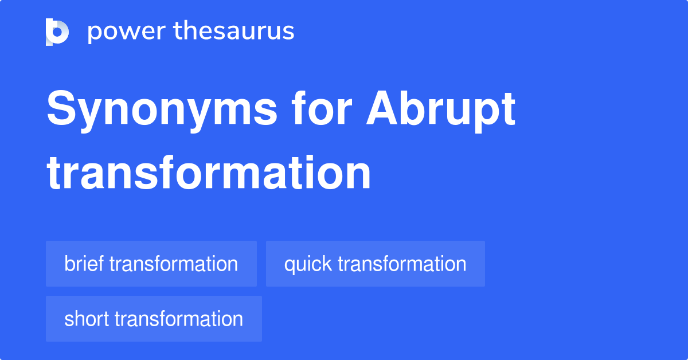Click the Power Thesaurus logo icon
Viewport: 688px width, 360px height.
57,32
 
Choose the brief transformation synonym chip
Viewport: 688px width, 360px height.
151,264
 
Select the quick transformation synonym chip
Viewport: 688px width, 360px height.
375,264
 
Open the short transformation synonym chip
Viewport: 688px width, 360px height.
154,319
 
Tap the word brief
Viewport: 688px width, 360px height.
84,264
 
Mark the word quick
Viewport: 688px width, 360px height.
308,264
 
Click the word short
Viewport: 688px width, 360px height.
87,319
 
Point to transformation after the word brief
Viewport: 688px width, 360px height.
173,264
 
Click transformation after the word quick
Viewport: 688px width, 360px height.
402,264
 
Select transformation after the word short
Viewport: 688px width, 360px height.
179,319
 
